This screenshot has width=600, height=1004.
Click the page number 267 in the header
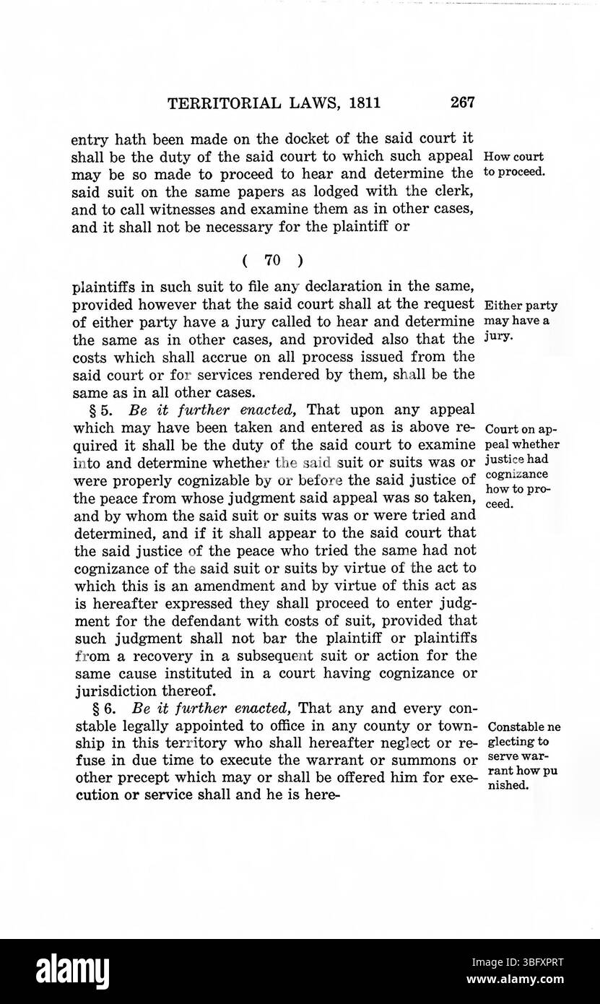click(x=461, y=103)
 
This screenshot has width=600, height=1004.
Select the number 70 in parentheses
click(x=274, y=261)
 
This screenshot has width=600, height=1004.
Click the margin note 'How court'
click(x=514, y=157)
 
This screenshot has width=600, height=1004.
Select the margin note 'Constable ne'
click(x=524, y=727)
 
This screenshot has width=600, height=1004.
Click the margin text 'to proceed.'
click(x=514, y=173)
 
